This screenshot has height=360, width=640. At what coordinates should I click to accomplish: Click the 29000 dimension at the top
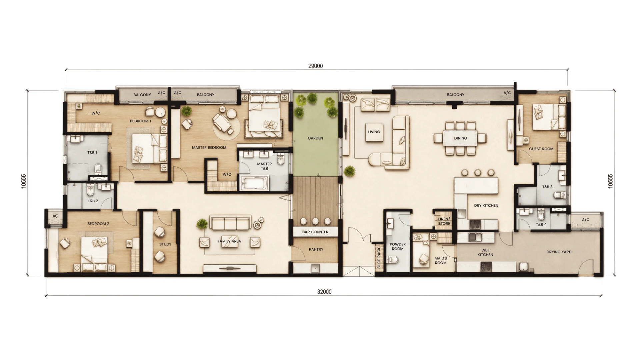point(315,66)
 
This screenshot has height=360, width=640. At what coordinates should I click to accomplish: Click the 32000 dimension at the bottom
point(324,292)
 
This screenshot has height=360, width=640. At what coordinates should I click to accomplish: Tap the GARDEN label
point(315,138)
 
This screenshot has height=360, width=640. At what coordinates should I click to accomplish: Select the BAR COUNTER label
point(315,232)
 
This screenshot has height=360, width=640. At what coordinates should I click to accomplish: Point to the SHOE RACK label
point(379,258)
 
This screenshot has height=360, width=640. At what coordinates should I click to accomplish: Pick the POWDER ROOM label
point(398,246)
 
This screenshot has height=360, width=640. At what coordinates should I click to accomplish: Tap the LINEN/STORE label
point(444,221)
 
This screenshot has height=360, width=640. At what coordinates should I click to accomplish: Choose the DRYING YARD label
point(559,252)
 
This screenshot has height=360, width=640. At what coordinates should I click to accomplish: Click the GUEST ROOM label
point(541,149)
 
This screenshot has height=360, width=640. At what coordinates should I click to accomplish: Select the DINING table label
point(460,138)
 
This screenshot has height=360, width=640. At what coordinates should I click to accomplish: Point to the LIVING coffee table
point(374,132)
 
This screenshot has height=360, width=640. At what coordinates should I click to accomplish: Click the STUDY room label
point(165,244)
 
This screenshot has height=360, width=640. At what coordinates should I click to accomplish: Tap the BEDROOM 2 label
point(98,224)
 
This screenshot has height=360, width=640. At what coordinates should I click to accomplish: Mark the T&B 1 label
point(92,153)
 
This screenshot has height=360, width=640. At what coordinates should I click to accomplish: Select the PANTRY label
point(316,249)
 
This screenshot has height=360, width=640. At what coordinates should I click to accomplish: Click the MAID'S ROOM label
point(441,260)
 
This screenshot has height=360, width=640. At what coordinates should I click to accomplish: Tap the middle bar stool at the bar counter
point(315,221)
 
